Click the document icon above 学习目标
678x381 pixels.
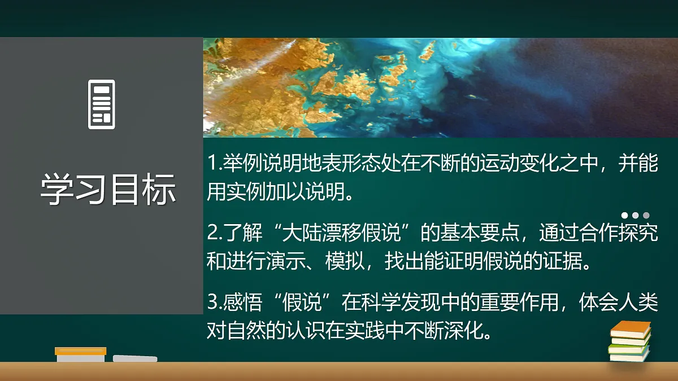(x=102, y=104)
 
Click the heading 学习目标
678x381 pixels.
(x=108, y=189)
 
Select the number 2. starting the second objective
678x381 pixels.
(x=214, y=233)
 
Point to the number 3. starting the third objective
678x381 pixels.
(x=214, y=303)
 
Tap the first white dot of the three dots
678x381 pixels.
(x=625, y=215)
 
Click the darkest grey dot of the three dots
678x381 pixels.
(x=646, y=215)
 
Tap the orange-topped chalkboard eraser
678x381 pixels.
(x=81, y=354)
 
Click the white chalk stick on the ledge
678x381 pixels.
(x=135, y=358)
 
